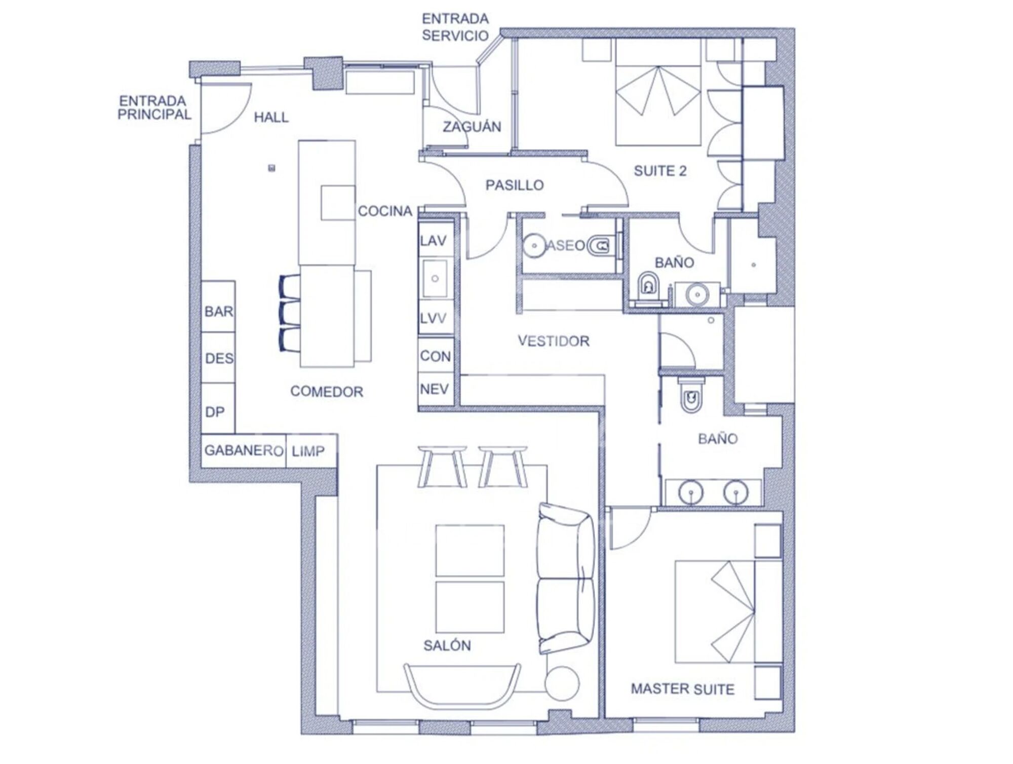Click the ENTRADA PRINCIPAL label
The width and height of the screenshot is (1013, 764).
pos(154,107)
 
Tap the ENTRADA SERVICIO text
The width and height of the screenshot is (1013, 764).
pos(455,27)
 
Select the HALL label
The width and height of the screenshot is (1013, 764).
pos(271,117)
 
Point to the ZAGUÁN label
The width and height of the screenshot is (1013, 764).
pos(472,126)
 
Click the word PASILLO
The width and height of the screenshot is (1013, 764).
pos(515,185)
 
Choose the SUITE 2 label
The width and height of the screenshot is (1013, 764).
pos(660,171)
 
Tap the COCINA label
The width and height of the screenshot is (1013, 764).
pos(385,211)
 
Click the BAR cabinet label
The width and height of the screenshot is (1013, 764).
pos(219,311)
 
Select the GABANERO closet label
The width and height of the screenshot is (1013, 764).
pos(244,450)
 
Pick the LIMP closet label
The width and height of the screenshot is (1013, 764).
pos(308,450)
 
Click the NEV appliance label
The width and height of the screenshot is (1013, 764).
pos(435,389)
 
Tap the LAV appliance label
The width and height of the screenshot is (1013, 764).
pos(433,241)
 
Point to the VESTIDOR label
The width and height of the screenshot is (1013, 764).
pos(554,341)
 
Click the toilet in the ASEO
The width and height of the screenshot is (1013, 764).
pos(601,246)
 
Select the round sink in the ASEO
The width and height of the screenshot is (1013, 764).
pos(534,246)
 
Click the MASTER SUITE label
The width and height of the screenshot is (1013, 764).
pos(682,689)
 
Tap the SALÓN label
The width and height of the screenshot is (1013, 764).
pos(447,645)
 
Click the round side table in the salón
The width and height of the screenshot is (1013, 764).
pos(562,683)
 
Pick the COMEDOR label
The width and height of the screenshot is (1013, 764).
pos(327,391)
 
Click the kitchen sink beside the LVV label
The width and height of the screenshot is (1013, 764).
pos(435,278)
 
